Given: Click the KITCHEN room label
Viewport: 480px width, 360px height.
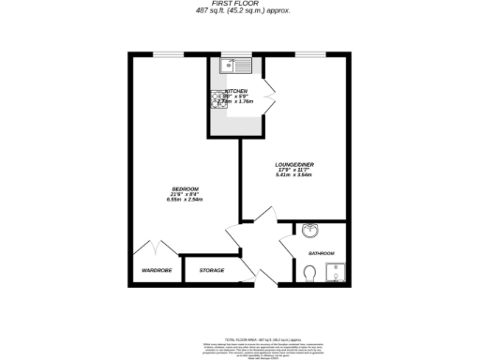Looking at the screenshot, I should point(236,91).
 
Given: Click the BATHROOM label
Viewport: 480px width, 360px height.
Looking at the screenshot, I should point(321,253).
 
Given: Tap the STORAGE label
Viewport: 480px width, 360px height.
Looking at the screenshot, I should point(211,271).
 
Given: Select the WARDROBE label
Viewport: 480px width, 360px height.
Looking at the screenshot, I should point(157,271).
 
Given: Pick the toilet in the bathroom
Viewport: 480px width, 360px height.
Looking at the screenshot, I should point(310,272).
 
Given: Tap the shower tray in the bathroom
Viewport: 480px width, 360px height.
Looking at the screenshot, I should point(336,272).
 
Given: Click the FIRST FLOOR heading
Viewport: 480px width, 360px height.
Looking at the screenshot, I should point(239,4).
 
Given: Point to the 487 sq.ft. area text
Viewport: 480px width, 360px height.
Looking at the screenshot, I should point(239,11).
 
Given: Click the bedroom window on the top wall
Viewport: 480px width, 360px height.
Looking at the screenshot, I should point(169,54).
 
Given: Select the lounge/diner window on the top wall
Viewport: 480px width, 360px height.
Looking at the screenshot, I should point(309,54).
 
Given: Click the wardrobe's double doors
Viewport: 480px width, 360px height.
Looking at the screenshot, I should point(152,248).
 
